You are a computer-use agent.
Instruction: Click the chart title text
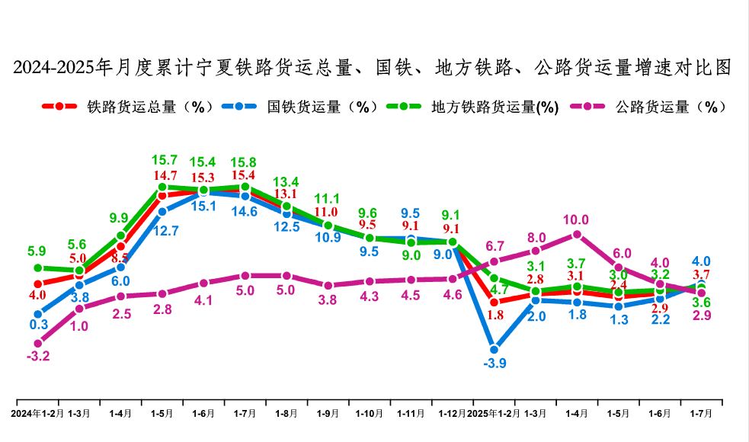[x=373, y=68]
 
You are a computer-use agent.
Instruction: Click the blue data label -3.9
[x=495, y=363]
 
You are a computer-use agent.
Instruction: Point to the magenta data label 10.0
[x=576, y=220]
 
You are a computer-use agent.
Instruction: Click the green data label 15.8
[x=245, y=162]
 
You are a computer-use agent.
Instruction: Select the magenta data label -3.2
[x=37, y=356]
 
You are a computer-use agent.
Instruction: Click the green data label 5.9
[x=37, y=250]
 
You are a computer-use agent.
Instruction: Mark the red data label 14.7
[x=162, y=177]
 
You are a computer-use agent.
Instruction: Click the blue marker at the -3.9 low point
[x=494, y=349]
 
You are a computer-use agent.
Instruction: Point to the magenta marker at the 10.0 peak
[x=577, y=234]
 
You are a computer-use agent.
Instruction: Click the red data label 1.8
[x=495, y=315]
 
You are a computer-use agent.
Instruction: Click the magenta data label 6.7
[x=495, y=246]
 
